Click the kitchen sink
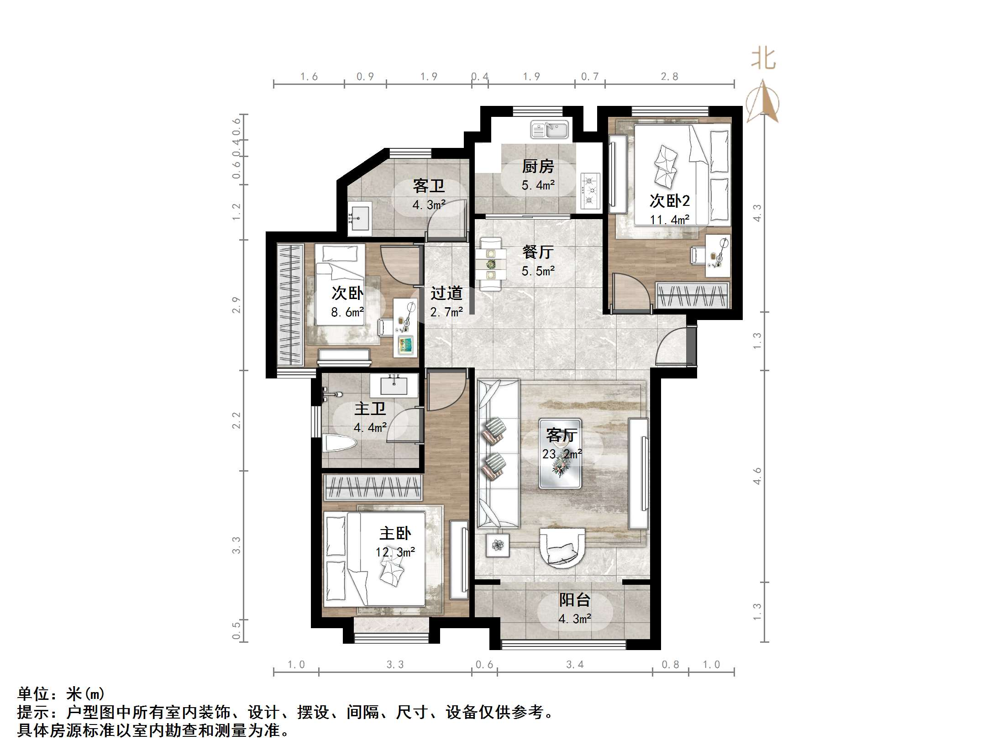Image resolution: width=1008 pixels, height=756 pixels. (549, 130)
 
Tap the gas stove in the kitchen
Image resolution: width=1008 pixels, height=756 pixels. (590, 191)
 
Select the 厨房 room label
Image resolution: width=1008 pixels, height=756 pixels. (538, 167)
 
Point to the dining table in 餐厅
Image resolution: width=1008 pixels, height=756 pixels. (490, 264)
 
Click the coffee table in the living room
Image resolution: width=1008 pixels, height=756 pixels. (560, 453)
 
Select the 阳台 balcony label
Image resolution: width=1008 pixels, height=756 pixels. (575, 600)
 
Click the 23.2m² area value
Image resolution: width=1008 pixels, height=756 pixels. (562, 454)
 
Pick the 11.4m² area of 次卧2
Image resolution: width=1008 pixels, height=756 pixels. (669, 220)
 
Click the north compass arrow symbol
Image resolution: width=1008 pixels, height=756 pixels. (763, 101)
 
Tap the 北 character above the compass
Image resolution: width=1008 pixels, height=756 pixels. (763, 59)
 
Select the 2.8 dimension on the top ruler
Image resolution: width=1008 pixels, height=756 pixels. (669, 77)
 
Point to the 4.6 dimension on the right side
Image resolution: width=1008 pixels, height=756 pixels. (757, 476)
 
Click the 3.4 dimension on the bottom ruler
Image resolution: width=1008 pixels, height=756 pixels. (575, 665)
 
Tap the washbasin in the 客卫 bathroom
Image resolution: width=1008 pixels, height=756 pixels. (360, 218)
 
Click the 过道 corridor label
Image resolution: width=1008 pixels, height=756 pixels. (446, 293)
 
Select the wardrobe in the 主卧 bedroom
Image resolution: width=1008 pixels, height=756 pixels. (372, 487)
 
